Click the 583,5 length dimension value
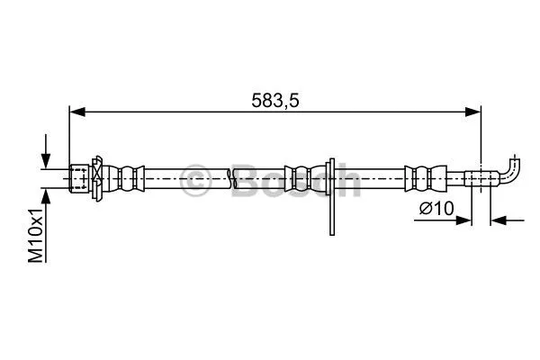274,101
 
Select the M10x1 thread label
36,236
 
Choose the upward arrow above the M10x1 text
44,196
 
